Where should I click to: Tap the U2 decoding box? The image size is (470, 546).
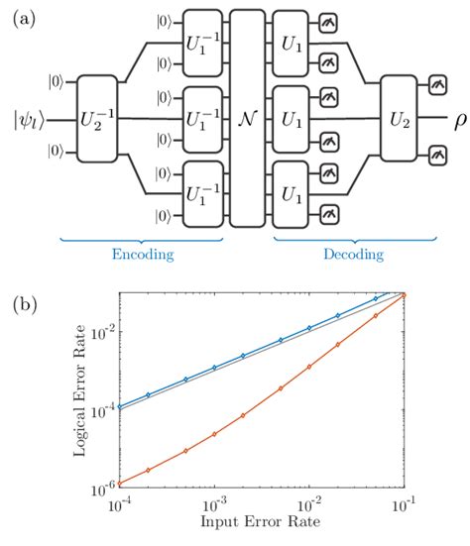[398, 118]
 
